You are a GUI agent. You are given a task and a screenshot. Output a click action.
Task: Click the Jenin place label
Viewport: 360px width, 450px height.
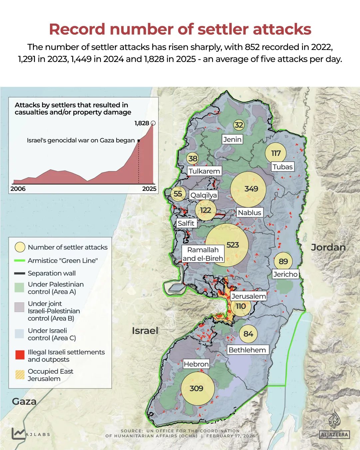point(232,139)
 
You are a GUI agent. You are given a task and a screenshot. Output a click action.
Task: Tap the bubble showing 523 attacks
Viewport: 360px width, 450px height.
point(227,245)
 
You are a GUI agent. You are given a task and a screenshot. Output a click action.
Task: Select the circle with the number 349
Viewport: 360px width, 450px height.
point(248,189)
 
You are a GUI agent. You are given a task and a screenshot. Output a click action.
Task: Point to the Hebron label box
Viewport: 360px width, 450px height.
point(196,364)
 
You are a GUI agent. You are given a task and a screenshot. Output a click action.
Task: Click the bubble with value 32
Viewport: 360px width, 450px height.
point(238,125)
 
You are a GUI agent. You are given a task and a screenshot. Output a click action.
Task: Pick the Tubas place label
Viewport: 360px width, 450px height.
point(282,167)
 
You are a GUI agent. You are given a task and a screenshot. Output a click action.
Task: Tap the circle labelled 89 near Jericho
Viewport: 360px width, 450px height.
point(283,261)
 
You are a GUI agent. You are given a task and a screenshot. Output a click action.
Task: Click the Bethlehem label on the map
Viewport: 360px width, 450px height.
point(247,350)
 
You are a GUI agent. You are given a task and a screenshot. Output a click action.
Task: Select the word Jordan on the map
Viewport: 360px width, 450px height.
point(328,247)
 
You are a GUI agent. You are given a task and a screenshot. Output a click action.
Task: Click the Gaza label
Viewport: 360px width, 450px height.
point(24,401)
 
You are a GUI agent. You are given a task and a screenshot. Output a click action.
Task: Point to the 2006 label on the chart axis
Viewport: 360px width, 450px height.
point(18,189)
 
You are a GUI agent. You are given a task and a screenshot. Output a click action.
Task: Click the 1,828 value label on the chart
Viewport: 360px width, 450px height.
point(142,123)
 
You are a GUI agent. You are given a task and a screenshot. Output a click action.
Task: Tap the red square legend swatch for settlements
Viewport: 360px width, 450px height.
point(20,355)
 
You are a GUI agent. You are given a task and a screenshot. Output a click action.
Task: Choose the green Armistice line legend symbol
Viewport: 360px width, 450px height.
point(20,260)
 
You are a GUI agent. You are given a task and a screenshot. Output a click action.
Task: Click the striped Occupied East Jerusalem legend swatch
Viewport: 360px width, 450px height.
point(20,375)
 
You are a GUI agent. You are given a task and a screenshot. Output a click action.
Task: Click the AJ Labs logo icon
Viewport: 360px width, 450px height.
point(18,433)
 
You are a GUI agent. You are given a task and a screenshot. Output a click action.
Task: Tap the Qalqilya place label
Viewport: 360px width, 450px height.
point(203,195)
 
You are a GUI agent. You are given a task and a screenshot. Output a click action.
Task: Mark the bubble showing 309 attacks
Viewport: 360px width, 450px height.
point(197,388)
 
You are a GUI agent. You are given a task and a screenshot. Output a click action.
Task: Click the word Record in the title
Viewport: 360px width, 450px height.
point(77,29)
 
